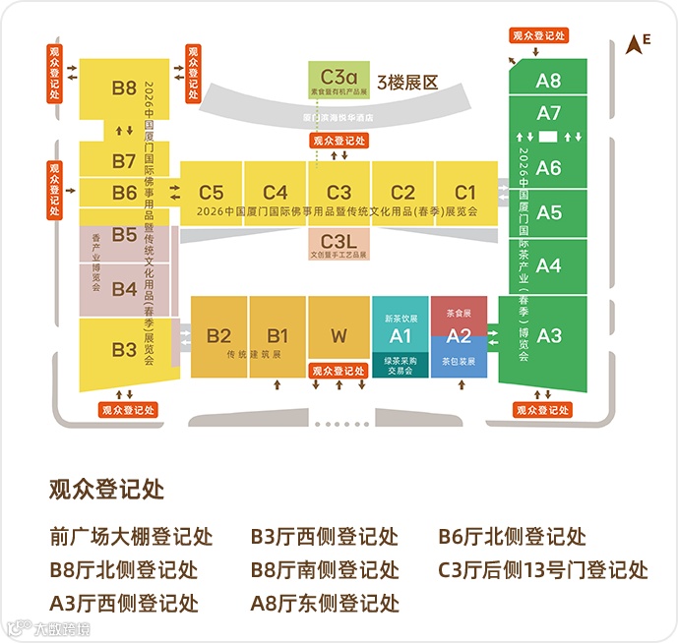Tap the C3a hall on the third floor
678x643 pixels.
(339, 73)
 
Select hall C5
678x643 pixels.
(212, 192)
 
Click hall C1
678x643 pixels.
(464, 192)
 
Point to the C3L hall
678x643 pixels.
(339, 241)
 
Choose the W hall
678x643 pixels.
(339, 335)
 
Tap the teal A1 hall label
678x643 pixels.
(400, 335)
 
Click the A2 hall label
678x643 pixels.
(459, 335)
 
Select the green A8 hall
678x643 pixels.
(548, 82)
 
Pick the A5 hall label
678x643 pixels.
(548, 212)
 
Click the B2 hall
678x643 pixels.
(218, 335)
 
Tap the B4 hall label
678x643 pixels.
(124, 289)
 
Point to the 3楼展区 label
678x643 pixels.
(406, 83)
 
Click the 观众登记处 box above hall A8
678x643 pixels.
(539, 35)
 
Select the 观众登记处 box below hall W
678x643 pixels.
(339, 372)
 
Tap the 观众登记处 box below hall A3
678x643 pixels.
(540, 408)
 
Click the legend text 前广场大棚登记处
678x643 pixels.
(131, 537)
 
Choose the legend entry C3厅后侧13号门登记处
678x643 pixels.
(542, 568)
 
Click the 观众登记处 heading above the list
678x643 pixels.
(106, 489)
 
